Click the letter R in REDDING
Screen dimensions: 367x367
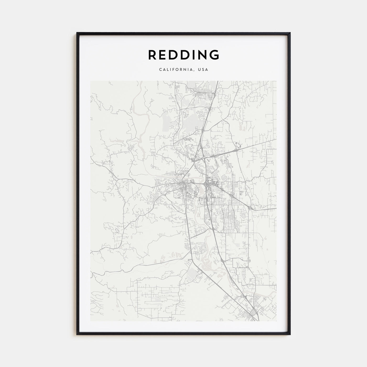pyautogui.click(x=153, y=55)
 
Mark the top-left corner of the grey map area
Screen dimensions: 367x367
pyautogui.click(x=90, y=81)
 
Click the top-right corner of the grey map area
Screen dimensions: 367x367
pyautogui.click(x=276, y=81)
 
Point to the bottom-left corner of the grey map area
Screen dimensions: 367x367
pyautogui.click(x=90, y=321)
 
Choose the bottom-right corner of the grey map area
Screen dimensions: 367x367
pyautogui.click(x=276, y=321)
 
